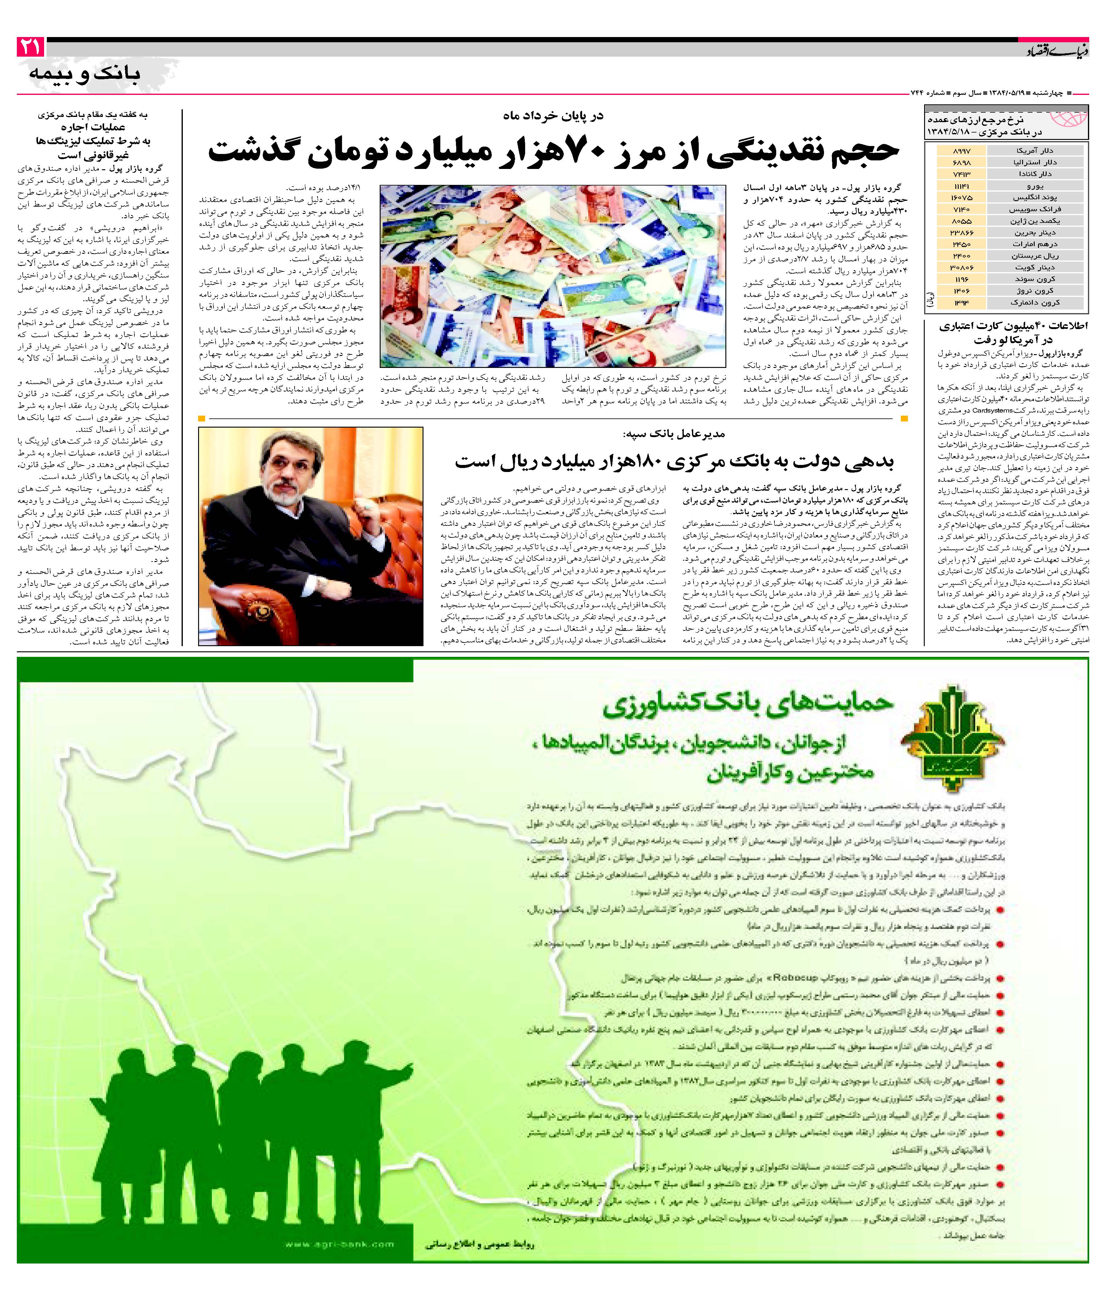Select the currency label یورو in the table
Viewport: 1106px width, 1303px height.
pos(1035,186)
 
